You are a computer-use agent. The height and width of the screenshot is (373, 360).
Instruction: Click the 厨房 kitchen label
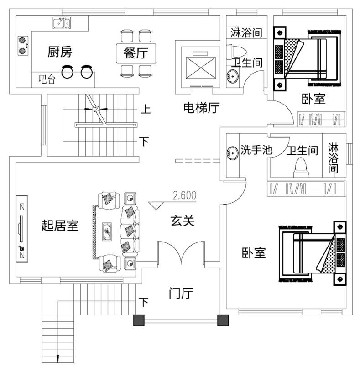pyautogui.click(x=60, y=52)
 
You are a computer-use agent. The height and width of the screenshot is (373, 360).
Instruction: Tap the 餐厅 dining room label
pyautogui.click(x=136, y=53)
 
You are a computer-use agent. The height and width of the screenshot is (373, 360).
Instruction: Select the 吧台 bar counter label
pyautogui.click(x=47, y=80)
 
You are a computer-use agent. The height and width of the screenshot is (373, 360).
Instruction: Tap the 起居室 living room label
pyautogui.click(x=60, y=225)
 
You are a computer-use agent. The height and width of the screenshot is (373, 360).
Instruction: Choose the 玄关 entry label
pyautogui.click(x=183, y=221)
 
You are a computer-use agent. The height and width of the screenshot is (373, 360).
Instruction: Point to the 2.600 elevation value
pyautogui.click(x=184, y=196)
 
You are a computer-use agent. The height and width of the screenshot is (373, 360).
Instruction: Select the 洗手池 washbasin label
pyautogui.click(x=256, y=150)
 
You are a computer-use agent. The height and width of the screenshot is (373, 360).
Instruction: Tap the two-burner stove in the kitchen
pyautogui.click(x=22, y=45)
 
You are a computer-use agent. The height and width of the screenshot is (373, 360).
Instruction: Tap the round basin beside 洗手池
pyautogui.click(x=231, y=151)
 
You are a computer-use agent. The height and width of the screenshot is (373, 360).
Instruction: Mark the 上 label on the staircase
pyautogui.click(x=145, y=110)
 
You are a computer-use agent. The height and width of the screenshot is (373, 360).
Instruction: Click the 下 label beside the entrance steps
pyautogui.click(x=144, y=302)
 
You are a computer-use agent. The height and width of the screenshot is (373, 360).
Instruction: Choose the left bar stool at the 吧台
pyautogui.click(x=68, y=72)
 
